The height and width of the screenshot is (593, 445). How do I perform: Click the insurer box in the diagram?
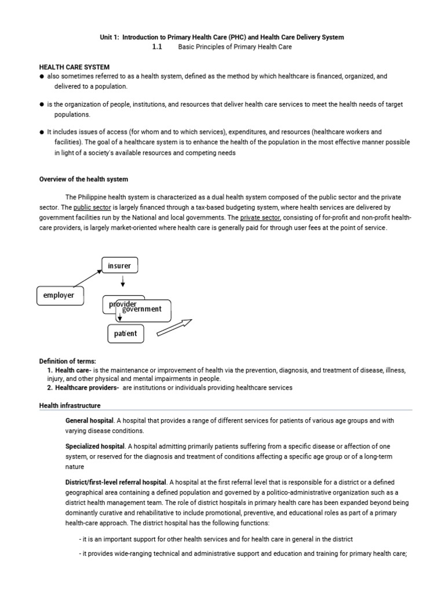point(119,266)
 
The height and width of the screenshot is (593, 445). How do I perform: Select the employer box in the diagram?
point(59,295)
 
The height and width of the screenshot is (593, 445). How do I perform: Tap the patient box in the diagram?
point(125,334)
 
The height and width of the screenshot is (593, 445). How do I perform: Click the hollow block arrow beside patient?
point(174,327)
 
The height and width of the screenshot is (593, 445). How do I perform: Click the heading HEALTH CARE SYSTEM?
point(74,68)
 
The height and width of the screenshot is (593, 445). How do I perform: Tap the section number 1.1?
point(156,47)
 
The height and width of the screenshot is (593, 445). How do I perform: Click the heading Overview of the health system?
point(83,180)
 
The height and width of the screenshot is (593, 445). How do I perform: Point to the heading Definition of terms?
point(67,361)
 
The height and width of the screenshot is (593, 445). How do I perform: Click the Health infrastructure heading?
point(70,405)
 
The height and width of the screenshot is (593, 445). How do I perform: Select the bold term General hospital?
point(89,420)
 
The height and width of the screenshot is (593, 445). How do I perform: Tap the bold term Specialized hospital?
point(95,446)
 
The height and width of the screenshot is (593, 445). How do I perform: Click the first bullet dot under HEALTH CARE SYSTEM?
point(42,76)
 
